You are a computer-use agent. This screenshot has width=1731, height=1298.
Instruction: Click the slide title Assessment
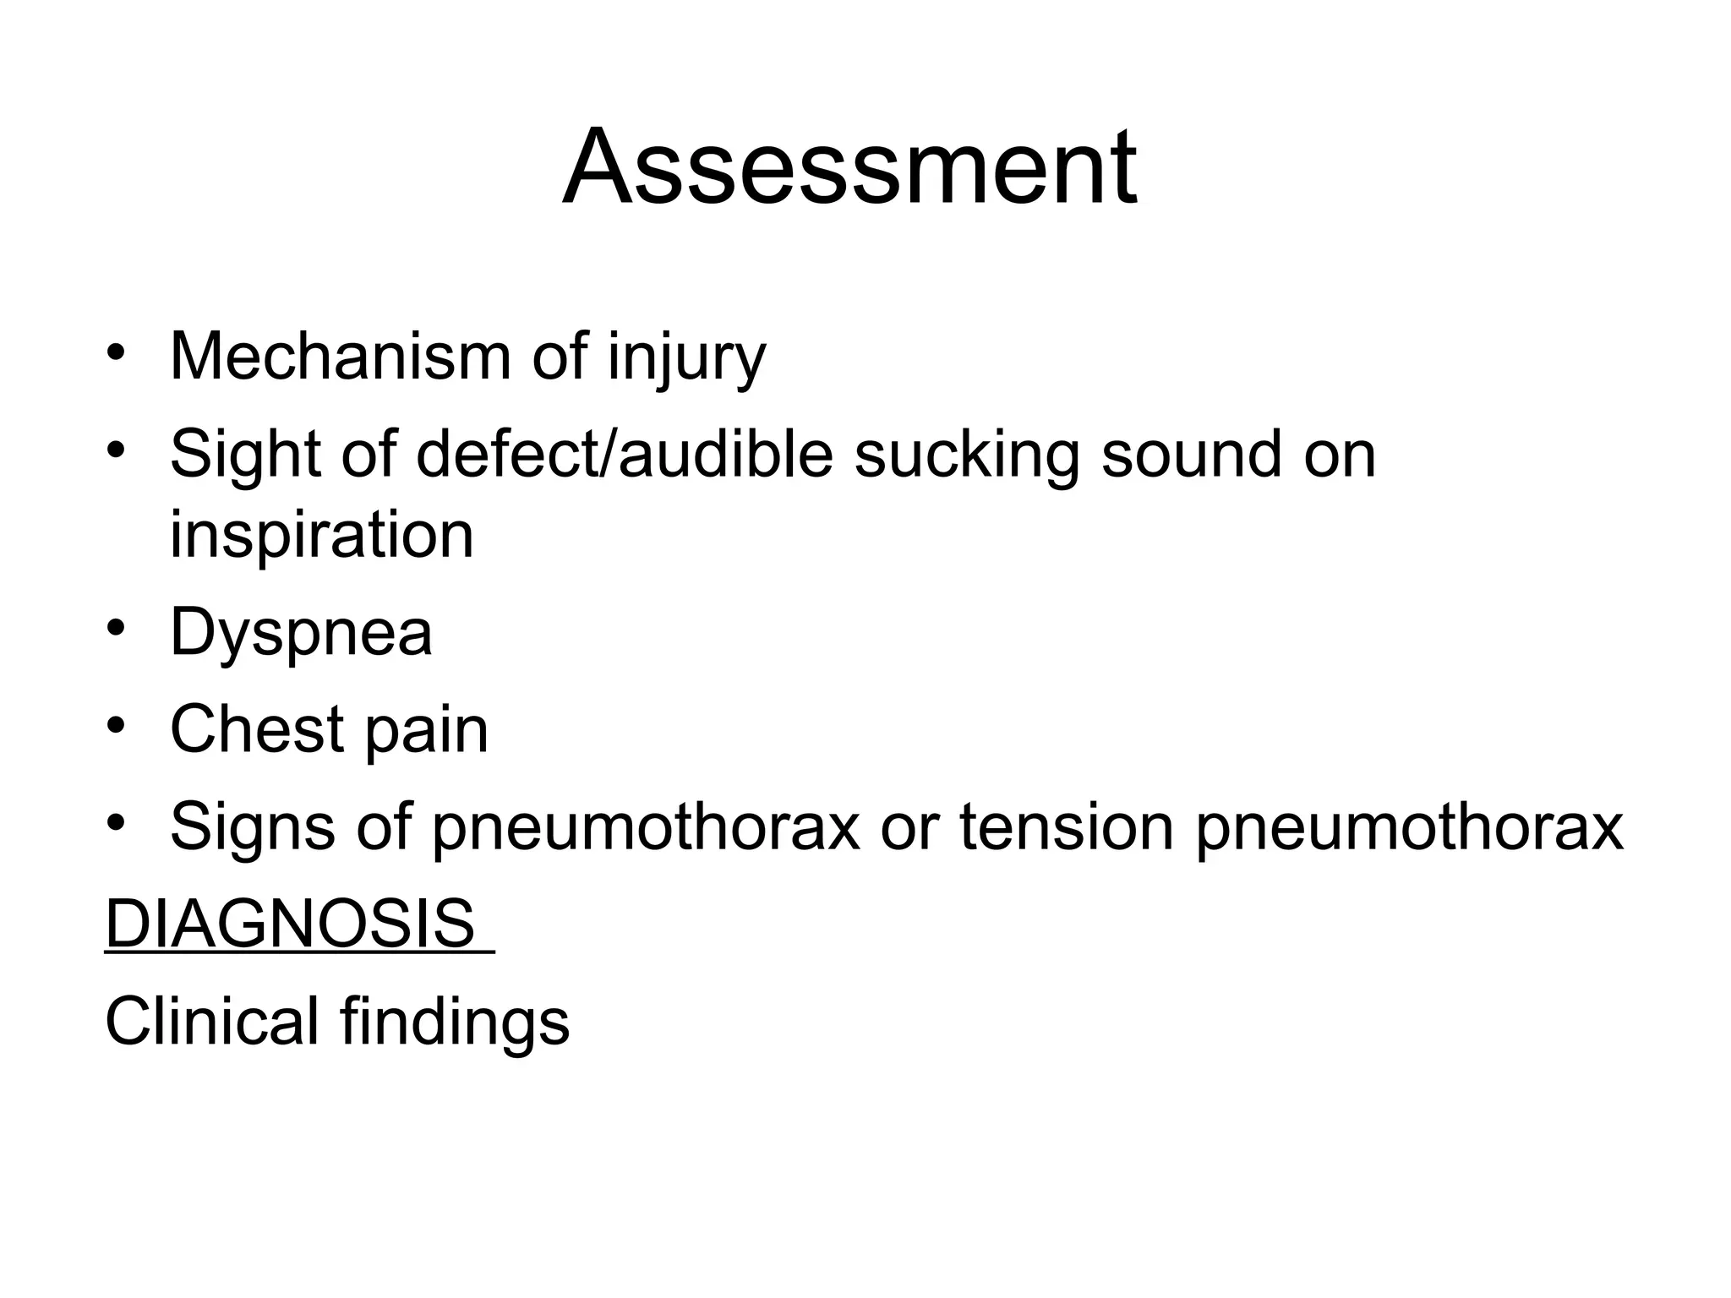[x=849, y=166]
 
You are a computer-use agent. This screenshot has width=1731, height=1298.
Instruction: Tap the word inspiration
[x=322, y=536]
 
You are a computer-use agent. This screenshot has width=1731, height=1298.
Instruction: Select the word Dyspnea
[x=301, y=634]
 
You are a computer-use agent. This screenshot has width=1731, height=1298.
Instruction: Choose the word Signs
[x=253, y=828]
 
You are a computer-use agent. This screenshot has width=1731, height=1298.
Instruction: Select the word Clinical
[x=211, y=1021]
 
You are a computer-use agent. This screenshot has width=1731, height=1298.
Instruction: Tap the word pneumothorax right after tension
[x=1409, y=828]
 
